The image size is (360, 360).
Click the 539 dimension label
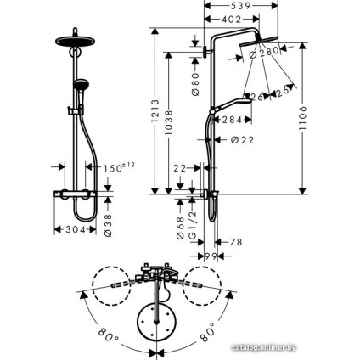pos(240,5)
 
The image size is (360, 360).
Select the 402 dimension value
pos(231,20)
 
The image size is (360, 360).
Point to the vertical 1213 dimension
pos(155,110)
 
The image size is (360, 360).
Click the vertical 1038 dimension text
pos(168,122)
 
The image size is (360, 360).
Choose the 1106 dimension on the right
pos(302,118)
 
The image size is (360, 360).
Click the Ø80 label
pos(195,84)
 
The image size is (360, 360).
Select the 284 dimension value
pos(232,120)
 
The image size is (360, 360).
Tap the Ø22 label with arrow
pos(242,140)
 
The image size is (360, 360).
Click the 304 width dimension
pos(76,229)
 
